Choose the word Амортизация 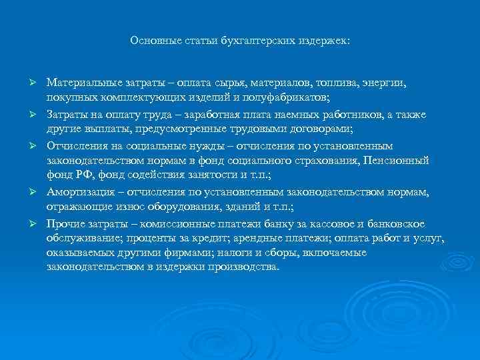pos(76,193)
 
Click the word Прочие pos(63,223)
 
